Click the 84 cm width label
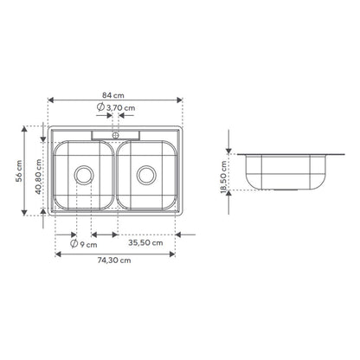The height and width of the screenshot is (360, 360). tap(113, 95)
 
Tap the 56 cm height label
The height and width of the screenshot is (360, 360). tap(19, 170)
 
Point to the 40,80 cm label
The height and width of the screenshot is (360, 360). tap(39, 177)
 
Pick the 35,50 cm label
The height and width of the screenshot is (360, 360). tap(145, 243)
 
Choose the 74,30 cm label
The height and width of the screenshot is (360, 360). tap(114, 260)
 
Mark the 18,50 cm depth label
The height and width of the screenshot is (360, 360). tap(224, 177)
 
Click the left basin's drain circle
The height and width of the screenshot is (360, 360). tap(84, 175)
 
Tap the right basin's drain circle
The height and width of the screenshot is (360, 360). tap(146, 175)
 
